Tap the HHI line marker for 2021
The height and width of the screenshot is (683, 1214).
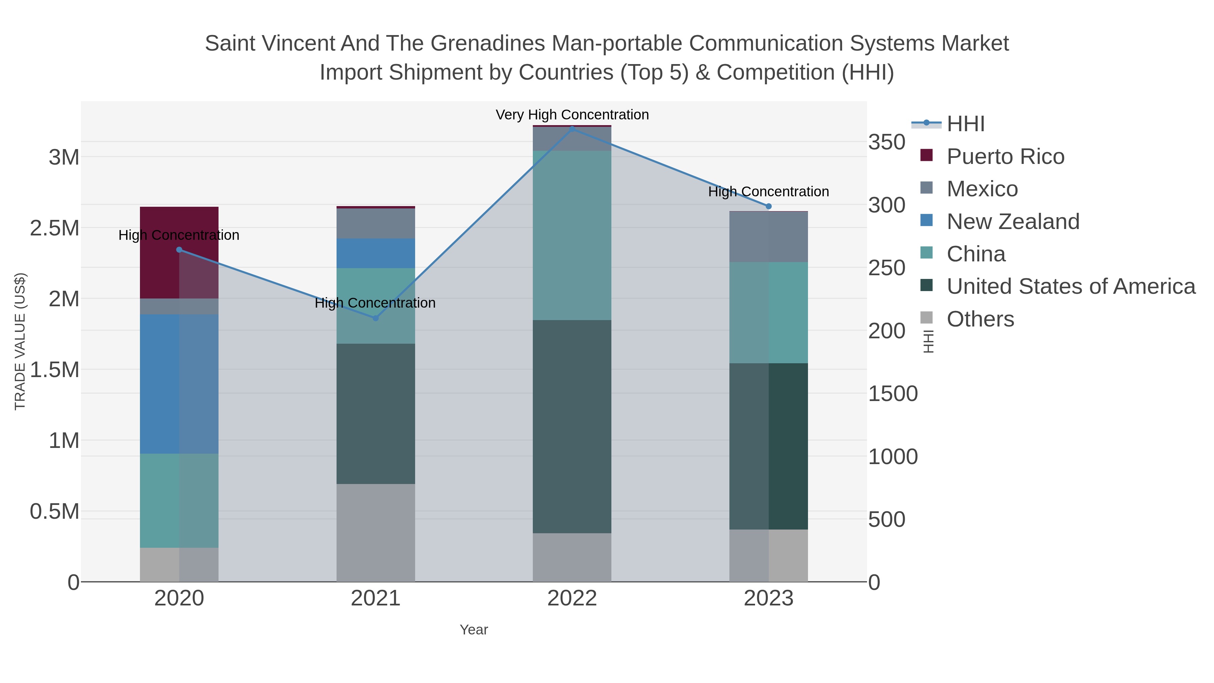click(x=376, y=318)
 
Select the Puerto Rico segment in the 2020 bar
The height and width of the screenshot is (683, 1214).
click(x=179, y=252)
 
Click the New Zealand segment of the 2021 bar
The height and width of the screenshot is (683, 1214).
click(x=376, y=253)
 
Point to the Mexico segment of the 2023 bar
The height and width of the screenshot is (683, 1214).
click(x=768, y=237)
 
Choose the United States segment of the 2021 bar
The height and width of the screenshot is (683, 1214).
click(x=376, y=414)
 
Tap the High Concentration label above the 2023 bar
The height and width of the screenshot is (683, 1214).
click(x=768, y=192)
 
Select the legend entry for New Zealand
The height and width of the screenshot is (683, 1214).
click(x=1013, y=222)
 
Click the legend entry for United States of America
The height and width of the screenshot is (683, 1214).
click(x=1071, y=287)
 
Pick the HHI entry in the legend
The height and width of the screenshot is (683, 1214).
click(x=966, y=124)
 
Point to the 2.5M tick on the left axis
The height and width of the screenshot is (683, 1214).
click(x=55, y=228)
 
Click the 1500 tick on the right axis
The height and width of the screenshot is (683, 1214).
click(x=893, y=394)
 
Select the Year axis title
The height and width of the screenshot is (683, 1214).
click(x=474, y=630)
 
